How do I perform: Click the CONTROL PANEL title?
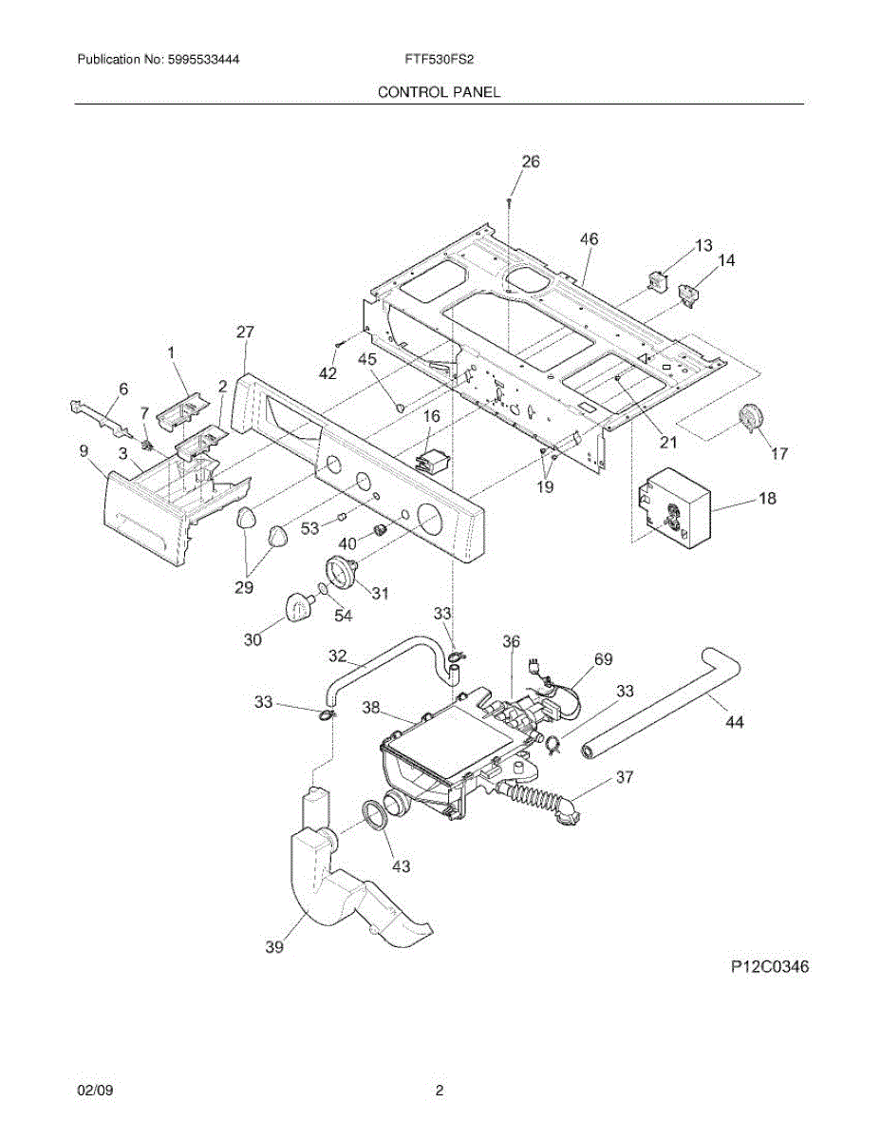click(439, 92)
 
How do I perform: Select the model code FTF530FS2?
click(439, 59)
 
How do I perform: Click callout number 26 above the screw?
click(530, 161)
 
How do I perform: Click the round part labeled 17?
click(751, 418)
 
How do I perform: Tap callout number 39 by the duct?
click(274, 946)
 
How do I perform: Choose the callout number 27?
click(245, 332)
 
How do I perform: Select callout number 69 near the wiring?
click(604, 658)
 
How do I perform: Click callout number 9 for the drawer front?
click(84, 451)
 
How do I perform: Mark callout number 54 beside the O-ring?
click(342, 616)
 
